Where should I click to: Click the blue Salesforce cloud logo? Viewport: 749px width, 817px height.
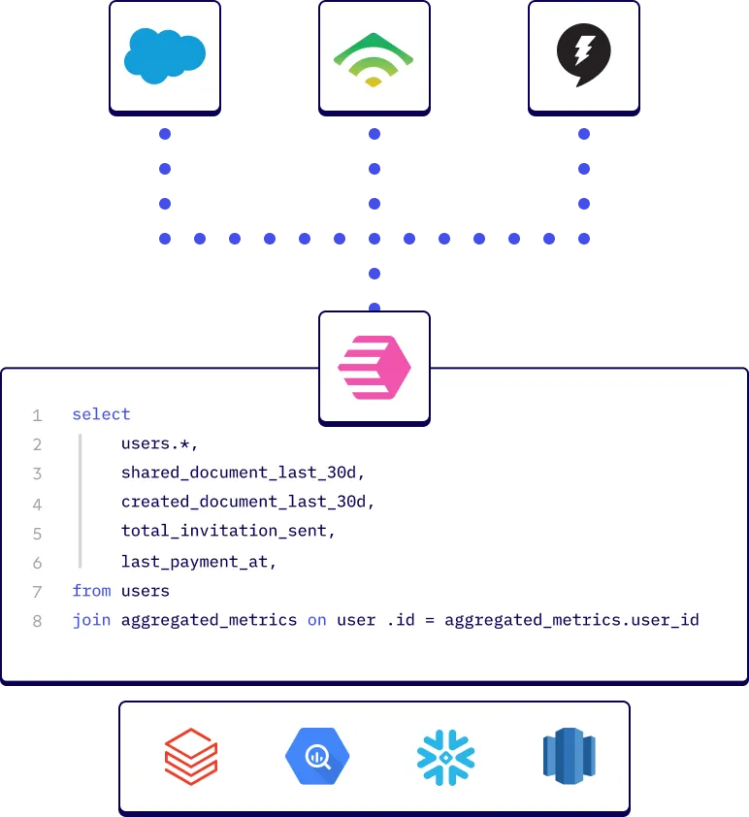pyautogui.click(x=164, y=55)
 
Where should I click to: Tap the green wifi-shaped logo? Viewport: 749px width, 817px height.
pyautogui.click(x=374, y=59)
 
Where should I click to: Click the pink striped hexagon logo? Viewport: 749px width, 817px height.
pyautogui.click(x=374, y=368)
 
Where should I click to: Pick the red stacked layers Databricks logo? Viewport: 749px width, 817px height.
pyautogui.click(x=191, y=756)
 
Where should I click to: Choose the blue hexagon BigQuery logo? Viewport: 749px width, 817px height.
pyautogui.click(x=317, y=756)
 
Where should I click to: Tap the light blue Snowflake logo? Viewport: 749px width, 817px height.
pyautogui.click(x=445, y=756)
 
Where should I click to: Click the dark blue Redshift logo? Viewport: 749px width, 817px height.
pyautogui.click(x=569, y=756)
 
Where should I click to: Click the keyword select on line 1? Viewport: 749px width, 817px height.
pyautogui.click(x=101, y=414)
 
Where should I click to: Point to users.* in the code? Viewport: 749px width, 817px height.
pyautogui.click(x=159, y=444)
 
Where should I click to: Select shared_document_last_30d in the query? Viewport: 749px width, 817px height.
pyautogui.click(x=242, y=474)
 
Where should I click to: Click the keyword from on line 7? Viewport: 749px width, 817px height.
pyautogui.click(x=91, y=590)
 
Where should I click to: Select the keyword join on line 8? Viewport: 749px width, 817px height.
pyautogui.click(x=91, y=619)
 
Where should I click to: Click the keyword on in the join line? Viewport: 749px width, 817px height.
pyautogui.click(x=316, y=619)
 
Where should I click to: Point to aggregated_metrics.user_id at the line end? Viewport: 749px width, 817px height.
pyautogui.click(x=571, y=619)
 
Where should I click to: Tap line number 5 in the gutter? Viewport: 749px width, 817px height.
pyautogui.click(x=37, y=534)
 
